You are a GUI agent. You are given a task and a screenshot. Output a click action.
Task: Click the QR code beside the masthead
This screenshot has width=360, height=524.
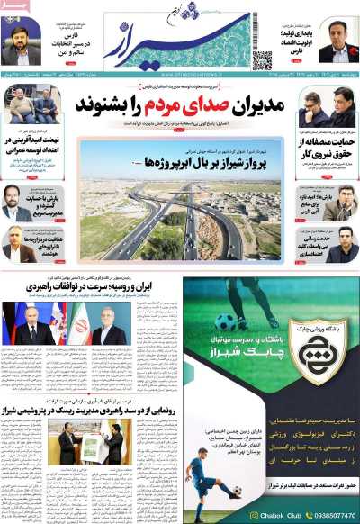[262, 60]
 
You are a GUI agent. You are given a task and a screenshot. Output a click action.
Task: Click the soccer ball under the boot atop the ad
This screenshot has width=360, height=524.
[224, 321]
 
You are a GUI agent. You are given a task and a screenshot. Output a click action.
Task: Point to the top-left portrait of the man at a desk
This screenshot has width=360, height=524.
[21, 41]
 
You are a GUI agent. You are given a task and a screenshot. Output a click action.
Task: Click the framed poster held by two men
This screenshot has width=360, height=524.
[89, 446]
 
